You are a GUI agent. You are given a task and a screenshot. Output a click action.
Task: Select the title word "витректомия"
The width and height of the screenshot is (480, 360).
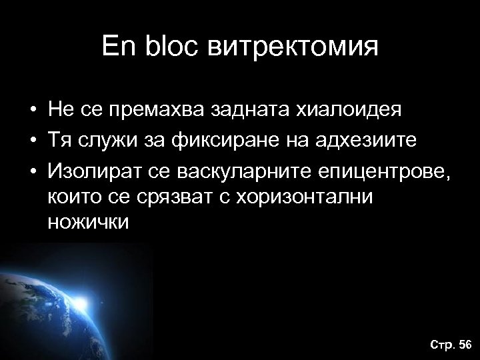pos(295,48)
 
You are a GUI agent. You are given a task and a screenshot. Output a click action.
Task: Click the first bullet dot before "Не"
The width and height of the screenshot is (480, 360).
pos(31,109)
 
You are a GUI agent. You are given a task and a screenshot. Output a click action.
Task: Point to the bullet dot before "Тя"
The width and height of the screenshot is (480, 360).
pos(31,142)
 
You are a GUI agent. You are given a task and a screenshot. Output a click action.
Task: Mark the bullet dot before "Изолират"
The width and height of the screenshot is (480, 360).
pos(31,174)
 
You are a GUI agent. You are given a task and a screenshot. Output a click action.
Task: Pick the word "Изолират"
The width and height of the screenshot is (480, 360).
pos(93,174)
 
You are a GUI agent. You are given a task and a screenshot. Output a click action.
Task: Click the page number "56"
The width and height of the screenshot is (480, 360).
pos(464,344)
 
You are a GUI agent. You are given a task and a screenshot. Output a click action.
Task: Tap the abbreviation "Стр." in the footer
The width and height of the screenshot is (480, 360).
pos(441,344)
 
